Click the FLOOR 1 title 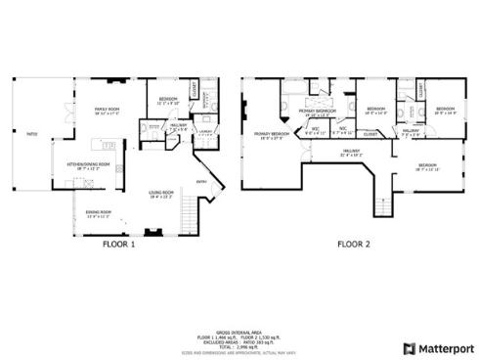[118, 246]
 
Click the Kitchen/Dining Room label [87, 164]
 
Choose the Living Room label [160, 194]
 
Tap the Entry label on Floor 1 [202, 182]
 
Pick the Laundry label [205, 131]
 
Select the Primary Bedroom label [272, 134]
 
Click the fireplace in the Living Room [154, 233]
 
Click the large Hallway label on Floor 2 [350, 153]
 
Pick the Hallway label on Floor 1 [178, 125]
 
